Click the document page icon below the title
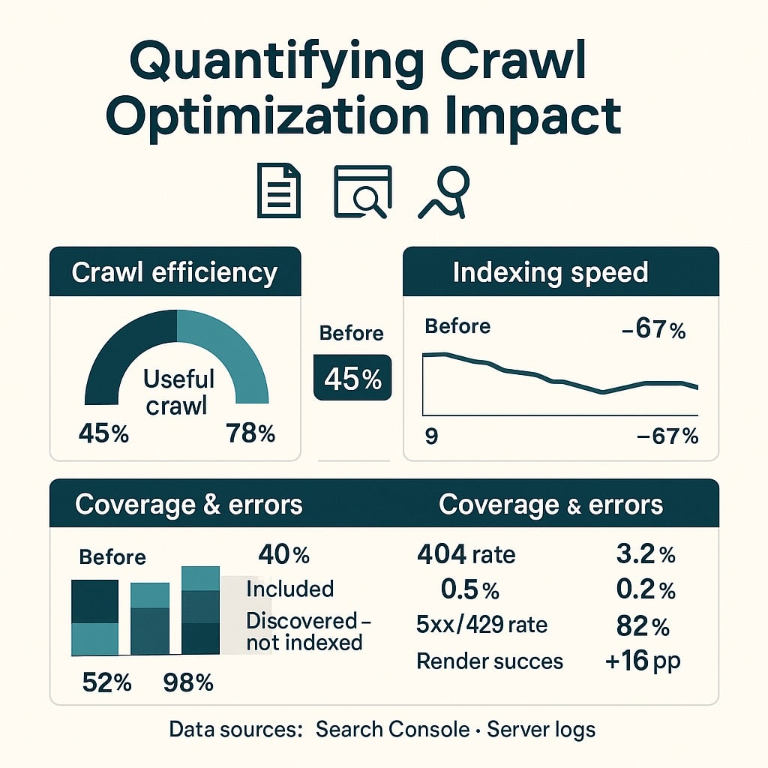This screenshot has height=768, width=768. (279, 190)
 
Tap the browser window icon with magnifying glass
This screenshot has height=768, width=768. (362, 191)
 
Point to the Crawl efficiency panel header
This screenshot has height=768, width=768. (175, 272)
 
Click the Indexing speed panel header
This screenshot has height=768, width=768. (550, 272)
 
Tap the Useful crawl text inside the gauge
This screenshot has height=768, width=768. (178, 392)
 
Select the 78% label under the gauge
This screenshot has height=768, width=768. (250, 433)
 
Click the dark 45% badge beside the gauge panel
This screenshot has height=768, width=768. (352, 379)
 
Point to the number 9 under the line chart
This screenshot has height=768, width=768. (431, 436)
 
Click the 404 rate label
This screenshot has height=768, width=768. (466, 554)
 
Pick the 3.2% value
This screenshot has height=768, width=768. (646, 554)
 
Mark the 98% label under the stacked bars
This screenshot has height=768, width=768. (187, 682)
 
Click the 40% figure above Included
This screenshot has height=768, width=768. (283, 555)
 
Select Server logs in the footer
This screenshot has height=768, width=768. (541, 729)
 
